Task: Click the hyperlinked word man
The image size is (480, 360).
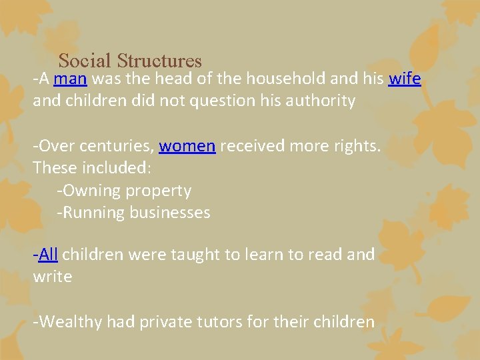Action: pos(70,79)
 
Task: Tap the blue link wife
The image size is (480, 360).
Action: pos(405,79)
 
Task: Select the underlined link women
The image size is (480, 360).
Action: pos(187,146)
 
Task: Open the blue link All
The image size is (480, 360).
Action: pos(49,255)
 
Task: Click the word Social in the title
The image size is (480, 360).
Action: pos(85,61)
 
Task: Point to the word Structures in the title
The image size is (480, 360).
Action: pos(159,61)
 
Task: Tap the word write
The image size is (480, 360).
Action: pos(53,277)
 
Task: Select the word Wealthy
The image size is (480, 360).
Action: pos(69,323)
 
